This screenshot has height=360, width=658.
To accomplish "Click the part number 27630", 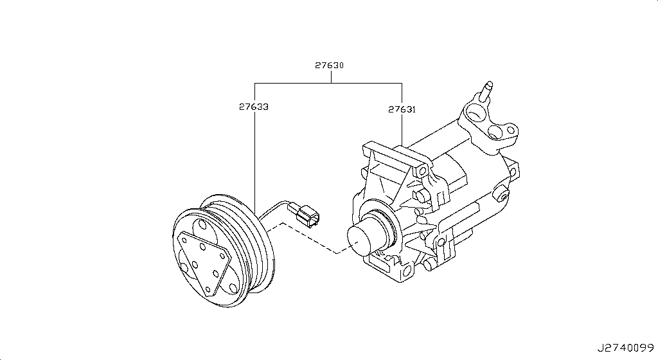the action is coord(330,66).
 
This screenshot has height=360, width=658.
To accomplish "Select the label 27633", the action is coord(254,107).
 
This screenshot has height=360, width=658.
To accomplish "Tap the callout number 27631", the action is coord(402,109).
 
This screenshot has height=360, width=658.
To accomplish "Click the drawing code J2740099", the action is coord(626,348).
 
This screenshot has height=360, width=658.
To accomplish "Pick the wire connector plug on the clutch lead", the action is coord(307,215).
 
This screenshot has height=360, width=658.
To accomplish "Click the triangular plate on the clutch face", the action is coord(204,262).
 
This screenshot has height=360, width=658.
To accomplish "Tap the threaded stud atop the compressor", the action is coord(487,91).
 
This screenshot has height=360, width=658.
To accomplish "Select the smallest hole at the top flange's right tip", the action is coord(511,130).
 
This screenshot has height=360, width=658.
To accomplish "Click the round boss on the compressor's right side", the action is coord(501,195).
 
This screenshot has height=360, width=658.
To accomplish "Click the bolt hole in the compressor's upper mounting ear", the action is coord(423,171).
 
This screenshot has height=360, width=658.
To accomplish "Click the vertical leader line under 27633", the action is coord(254,161).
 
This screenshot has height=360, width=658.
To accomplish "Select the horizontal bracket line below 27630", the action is coord(328,83).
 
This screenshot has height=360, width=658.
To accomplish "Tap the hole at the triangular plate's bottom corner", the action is coord(208,289).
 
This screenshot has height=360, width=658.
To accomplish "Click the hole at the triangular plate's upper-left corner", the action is coord(183,240).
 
